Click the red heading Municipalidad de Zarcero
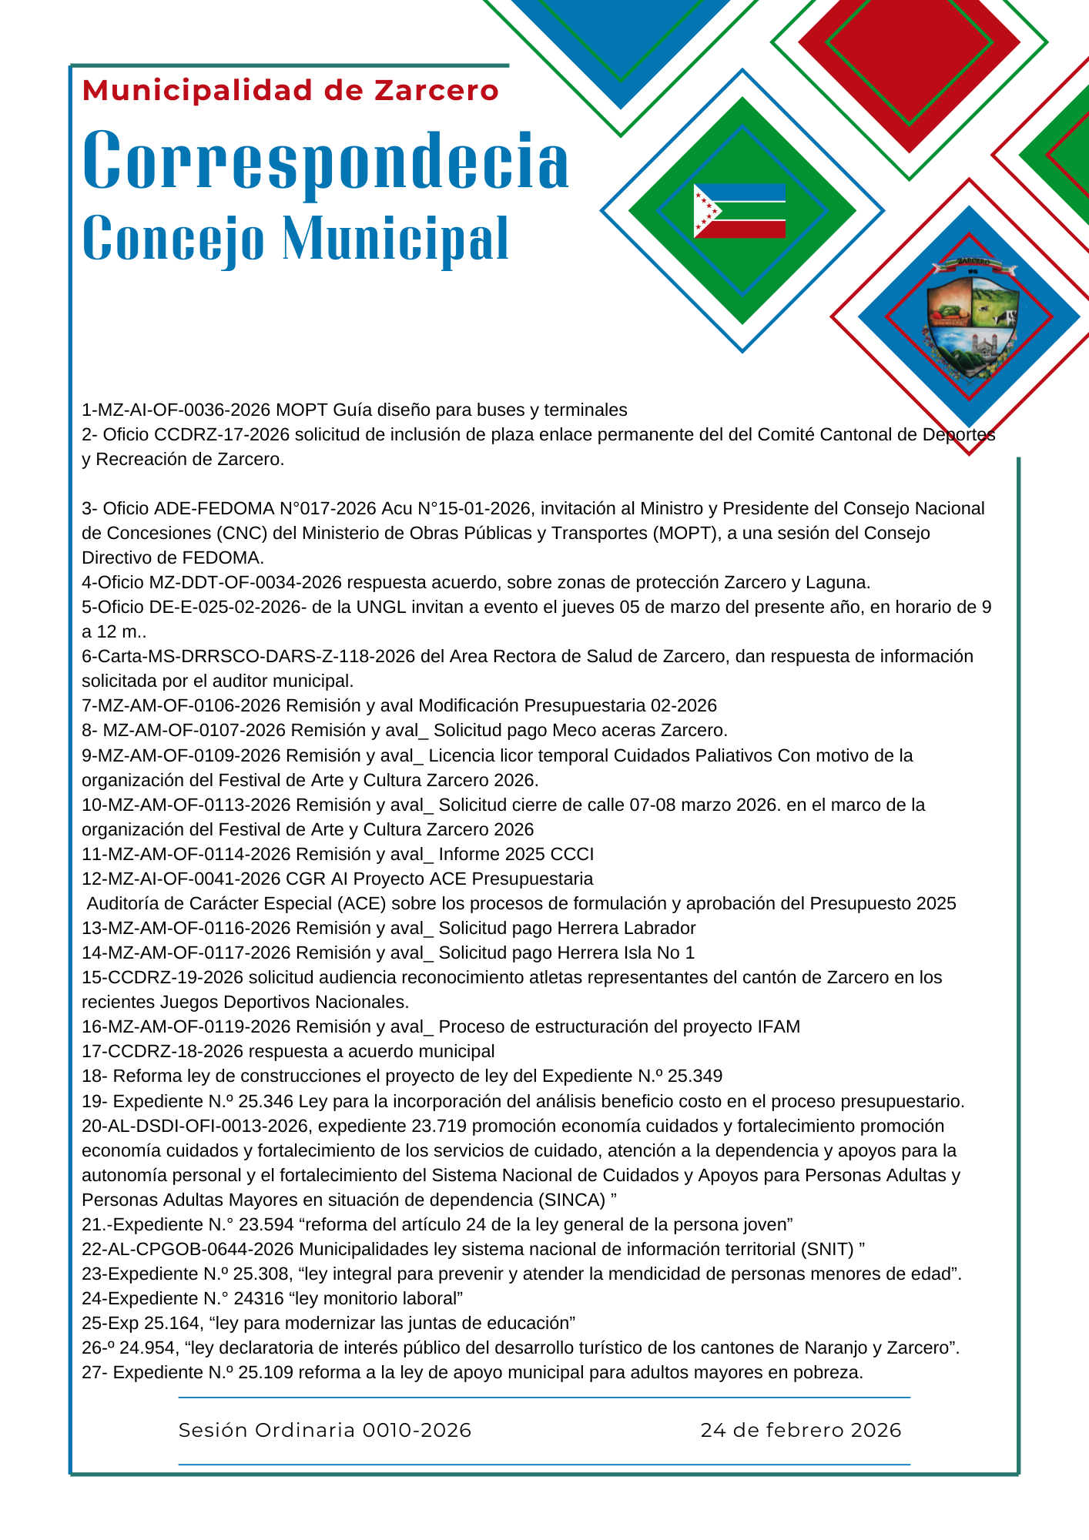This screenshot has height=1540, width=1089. click(x=290, y=91)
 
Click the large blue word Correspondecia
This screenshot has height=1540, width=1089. click(x=326, y=162)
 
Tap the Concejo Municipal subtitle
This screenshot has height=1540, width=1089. click(x=295, y=238)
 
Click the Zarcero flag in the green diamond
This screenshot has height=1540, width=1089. click(x=739, y=211)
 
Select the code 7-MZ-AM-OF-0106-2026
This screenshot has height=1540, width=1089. click(x=182, y=705)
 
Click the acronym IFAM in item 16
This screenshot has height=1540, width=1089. click(x=779, y=1026)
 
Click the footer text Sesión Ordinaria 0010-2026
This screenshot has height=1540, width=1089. click(x=325, y=1430)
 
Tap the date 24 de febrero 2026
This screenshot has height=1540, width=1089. click(x=801, y=1430)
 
